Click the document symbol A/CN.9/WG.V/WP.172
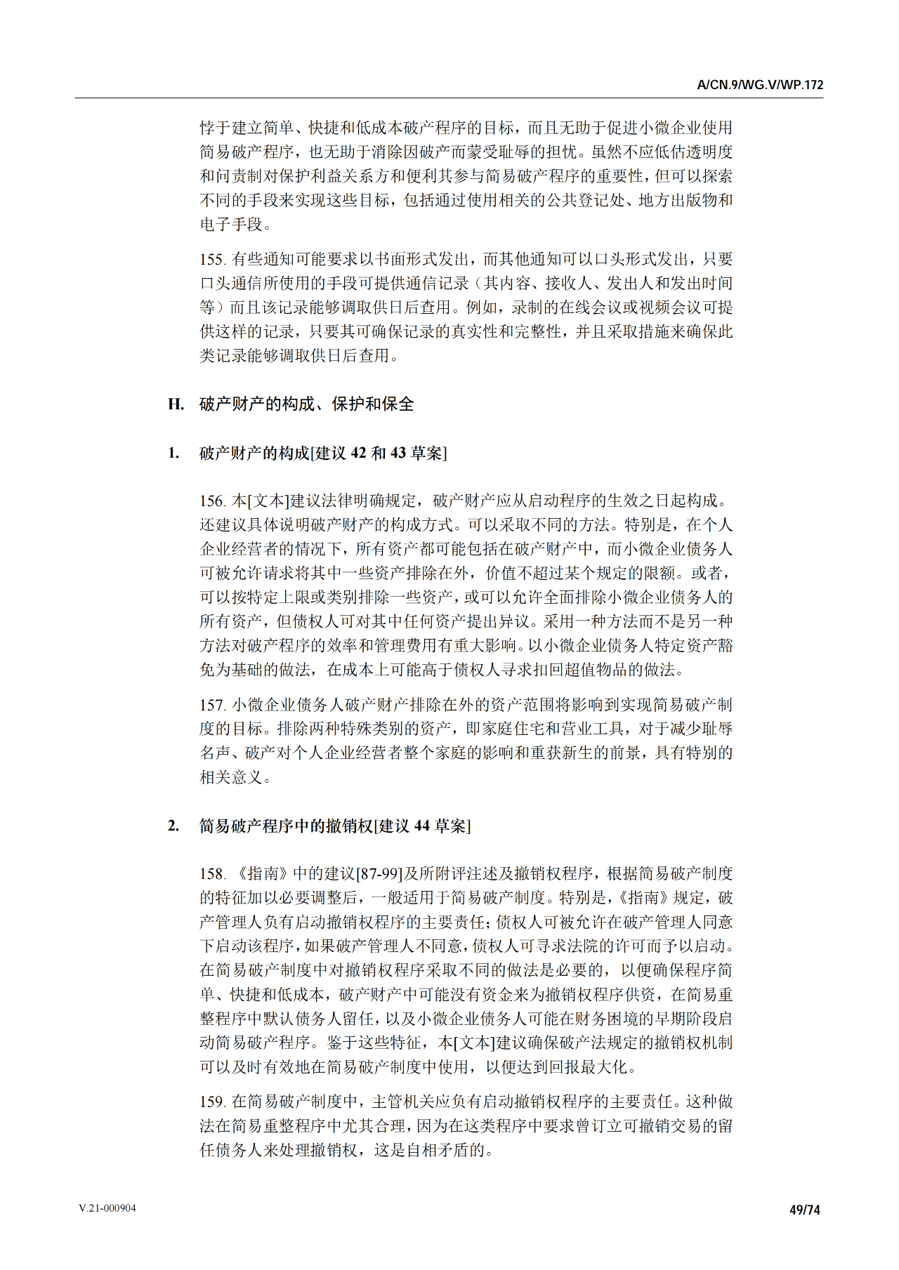tap(760, 85)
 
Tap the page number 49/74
tap(805, 1210)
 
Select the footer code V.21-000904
tap(107, 1208)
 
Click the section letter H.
tap(176, 404)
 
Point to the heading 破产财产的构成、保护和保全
tap(307, 404)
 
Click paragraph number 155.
tap(212, 260)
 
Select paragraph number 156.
tap(212, 501)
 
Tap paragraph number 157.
tap(212, 705)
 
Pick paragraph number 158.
tap(212, 874)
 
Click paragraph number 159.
tap(212, 1102)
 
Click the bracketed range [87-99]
tap(380, 874)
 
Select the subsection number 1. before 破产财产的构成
tap(173, 454)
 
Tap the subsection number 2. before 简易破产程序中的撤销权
tap(173, 826)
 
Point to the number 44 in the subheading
tap(421, 826)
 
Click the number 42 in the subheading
tap(358, 454)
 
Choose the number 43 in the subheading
tap(398, 454)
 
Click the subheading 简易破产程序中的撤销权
tap(286, 826)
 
